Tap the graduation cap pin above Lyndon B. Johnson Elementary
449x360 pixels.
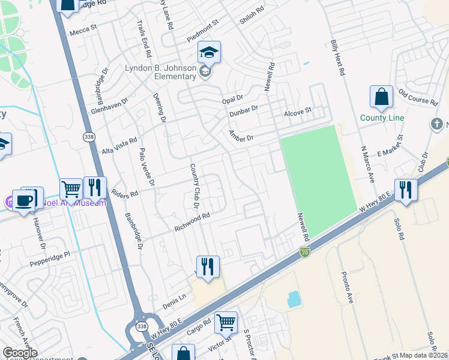pyautogui.click(x=209, y=53)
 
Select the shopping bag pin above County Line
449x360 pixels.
pyautogui.click(x=381, y=96)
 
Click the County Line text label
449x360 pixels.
pyautogui.click(x=382, y=118)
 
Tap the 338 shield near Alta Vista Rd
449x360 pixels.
pyautogui.click(x=88, y=137)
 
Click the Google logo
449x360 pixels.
pyautogui.click(x=20, y=353)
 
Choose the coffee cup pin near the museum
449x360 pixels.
pyautogui.click(x=24, y=201)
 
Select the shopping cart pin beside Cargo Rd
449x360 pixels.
pyautogui.click(x=226, y=323)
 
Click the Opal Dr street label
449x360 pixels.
pyautogui.click(x=232, y=98)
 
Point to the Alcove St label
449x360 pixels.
pyautogui.click(x=298, y=112)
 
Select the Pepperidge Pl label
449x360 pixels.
pyautogui.click(x=50, y=259)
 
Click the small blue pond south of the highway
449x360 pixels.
pyautogui.click(x=294, y=299)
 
